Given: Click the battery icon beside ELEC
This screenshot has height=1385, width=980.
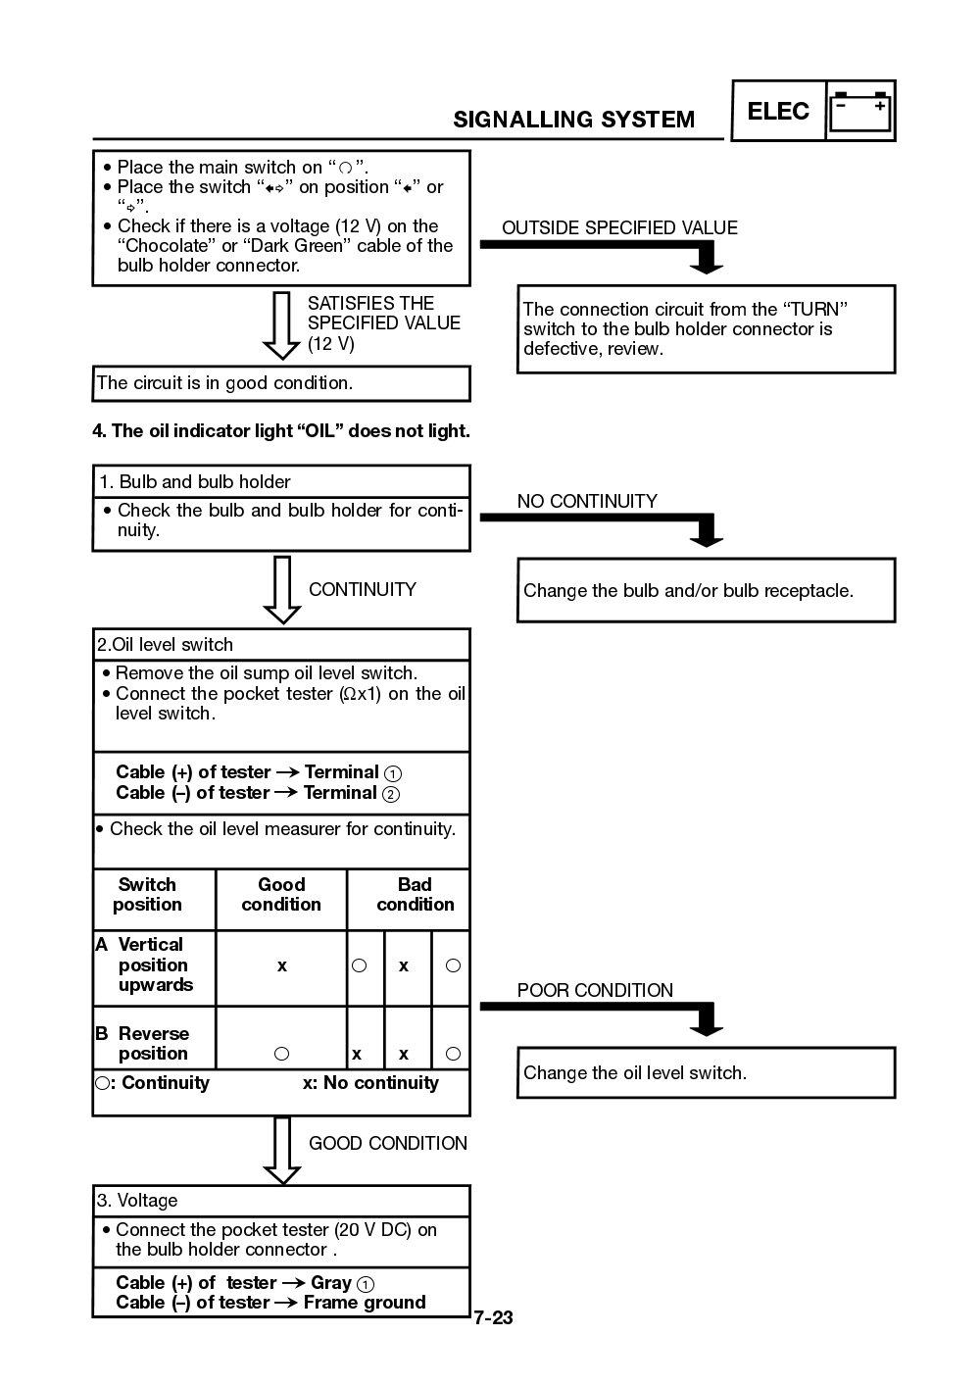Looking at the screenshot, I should point(860,111).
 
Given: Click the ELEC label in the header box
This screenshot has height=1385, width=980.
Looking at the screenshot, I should point(778,111).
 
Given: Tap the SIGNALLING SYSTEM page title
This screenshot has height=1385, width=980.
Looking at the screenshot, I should point(573,120).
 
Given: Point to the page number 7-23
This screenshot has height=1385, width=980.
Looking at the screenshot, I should point(493,1317).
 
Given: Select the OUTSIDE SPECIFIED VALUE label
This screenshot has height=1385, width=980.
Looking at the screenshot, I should point(619,228).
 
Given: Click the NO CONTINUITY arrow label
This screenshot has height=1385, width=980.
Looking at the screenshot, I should point(587,501).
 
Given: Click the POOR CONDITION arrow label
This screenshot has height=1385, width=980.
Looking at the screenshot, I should point(595,990).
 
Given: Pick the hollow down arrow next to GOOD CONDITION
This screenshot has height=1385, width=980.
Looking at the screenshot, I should point(282,1150).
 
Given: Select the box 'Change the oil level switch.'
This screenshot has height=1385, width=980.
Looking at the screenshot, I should point(706,1072).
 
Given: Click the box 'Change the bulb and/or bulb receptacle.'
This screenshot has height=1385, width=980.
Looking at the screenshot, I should point(706,590).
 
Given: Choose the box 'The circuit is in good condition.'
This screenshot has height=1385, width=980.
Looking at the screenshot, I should point(281,383).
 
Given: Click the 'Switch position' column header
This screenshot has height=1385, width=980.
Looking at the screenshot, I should point(148,895).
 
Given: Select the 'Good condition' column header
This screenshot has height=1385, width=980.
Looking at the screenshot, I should point(281,895).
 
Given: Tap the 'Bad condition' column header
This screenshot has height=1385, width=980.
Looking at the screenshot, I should point(415,895).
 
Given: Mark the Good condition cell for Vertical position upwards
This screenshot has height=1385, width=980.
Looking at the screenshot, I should point(282,965).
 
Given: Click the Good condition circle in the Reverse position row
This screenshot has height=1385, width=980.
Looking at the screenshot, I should point(282,1054).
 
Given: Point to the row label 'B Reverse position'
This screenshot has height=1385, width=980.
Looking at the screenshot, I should point(147,1043).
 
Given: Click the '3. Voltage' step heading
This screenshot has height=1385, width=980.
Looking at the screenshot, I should point(137,1201).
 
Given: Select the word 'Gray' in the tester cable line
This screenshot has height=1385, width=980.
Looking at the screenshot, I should point(330,1283).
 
